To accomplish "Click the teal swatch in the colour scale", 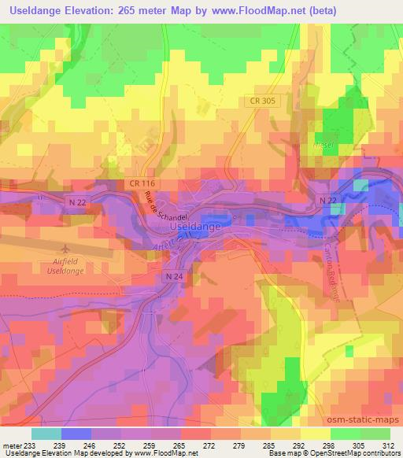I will point(46,434).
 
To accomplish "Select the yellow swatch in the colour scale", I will point(313,434).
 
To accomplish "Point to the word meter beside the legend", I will point(12,446).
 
